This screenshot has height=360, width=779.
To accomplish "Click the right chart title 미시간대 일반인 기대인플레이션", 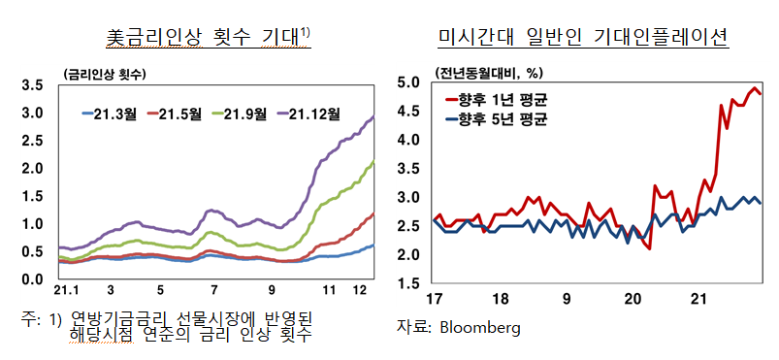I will point(583,38).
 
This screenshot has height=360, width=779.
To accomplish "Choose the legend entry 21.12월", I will point(314,115).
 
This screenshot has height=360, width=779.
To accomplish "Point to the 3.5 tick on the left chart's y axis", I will point(31,85).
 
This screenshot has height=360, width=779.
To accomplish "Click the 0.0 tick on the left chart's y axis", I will point(31,279).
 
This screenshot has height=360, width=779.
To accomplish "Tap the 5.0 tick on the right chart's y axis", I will point(408,82).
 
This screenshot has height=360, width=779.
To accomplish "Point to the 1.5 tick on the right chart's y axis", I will point(408,283).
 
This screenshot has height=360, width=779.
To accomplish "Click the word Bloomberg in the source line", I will point(479,328).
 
